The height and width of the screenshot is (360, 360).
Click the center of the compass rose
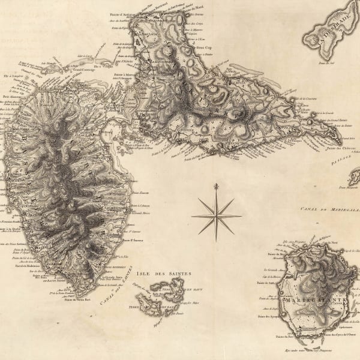[216, 216]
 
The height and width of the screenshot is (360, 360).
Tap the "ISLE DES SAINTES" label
[163, 274]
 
